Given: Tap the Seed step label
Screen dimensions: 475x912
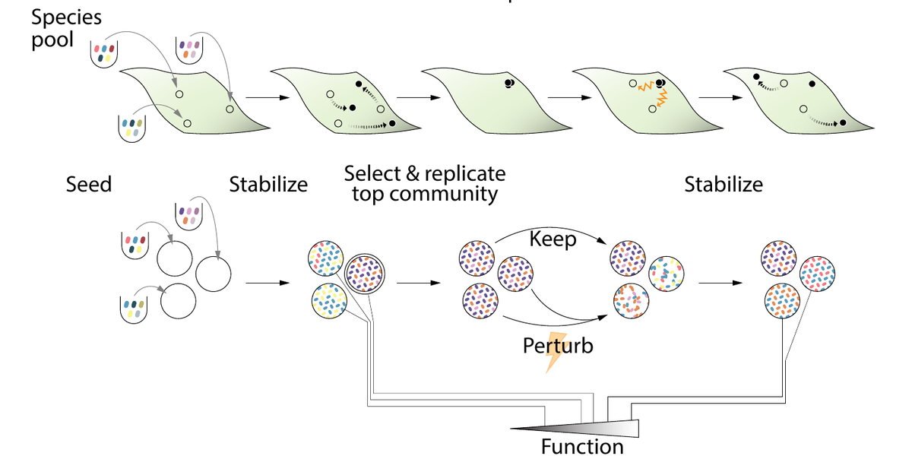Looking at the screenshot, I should [89, 184].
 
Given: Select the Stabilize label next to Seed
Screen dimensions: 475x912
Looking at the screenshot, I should [268, 184].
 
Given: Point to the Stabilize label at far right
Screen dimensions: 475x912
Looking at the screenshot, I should [724, 184].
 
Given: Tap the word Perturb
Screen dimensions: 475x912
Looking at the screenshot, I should [558, 347].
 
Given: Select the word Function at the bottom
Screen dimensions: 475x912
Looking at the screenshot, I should [582, 447].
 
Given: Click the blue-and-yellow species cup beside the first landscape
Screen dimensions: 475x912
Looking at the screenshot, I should [132, 128].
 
